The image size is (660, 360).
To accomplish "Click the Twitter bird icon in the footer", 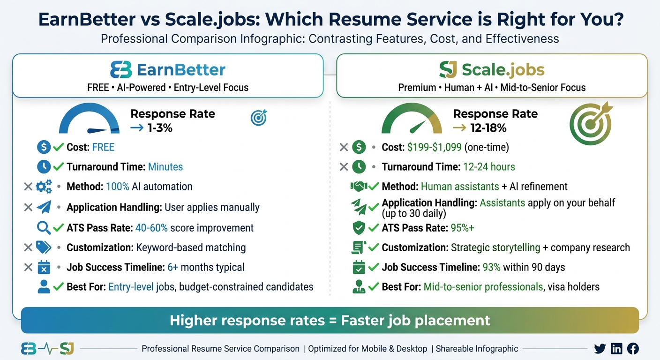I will (600, 348).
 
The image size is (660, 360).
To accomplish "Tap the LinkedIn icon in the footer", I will (617, 348).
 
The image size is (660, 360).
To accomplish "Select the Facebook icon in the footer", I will (633, 348).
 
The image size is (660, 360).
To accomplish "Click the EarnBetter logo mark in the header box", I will (121, 70).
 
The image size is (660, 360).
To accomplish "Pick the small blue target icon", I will (258, 118).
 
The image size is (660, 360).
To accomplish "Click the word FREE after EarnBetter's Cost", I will (103, 147).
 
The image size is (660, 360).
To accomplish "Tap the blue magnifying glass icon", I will (44, 228).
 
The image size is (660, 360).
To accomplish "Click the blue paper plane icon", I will (44, 207).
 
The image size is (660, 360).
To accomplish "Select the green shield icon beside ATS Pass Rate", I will (359, 228).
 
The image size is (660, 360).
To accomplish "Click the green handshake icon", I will (359, 187).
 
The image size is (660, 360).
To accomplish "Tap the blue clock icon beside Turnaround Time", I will (44, 166).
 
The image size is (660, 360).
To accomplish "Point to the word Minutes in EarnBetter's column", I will (165, 167).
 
